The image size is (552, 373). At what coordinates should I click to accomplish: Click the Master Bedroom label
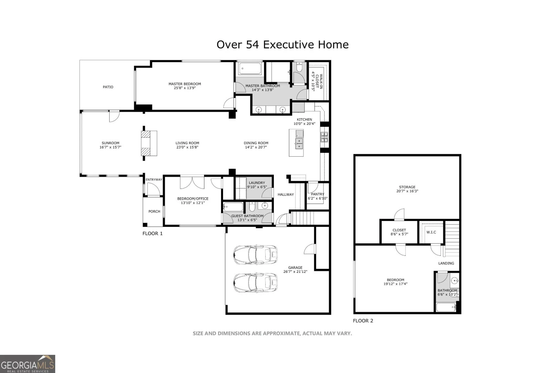pos(185,84)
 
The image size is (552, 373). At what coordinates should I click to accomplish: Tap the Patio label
pos(108,87)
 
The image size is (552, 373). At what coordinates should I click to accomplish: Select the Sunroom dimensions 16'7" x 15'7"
pos(110,147)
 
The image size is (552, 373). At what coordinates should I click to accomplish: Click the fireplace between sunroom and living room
pos(149,143)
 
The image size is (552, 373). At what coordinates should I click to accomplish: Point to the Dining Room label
pos(256,143)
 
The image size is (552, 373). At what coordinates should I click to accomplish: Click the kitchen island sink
pos(299,143)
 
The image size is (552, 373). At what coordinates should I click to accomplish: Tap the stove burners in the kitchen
pos(324,137)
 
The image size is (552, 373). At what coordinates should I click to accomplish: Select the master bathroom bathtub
pos(250,68)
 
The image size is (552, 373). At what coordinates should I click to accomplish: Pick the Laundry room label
pos(257,183)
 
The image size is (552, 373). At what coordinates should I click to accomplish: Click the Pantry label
pos(317,194)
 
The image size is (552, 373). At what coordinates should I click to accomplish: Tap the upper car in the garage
pos(255,254)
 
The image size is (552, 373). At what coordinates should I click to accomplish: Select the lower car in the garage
pos(255,283)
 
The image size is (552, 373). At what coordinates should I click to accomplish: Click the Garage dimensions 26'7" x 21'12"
pos(295,272)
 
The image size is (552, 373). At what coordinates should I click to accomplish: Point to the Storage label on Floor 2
pos(407,187)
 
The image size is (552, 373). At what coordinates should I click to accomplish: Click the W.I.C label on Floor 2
pos(431,232)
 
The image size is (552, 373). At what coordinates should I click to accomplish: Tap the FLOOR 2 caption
pos(363,321)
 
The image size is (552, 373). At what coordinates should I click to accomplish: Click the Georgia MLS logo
pos(27,364)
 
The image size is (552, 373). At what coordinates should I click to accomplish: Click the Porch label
pos(154,211)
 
